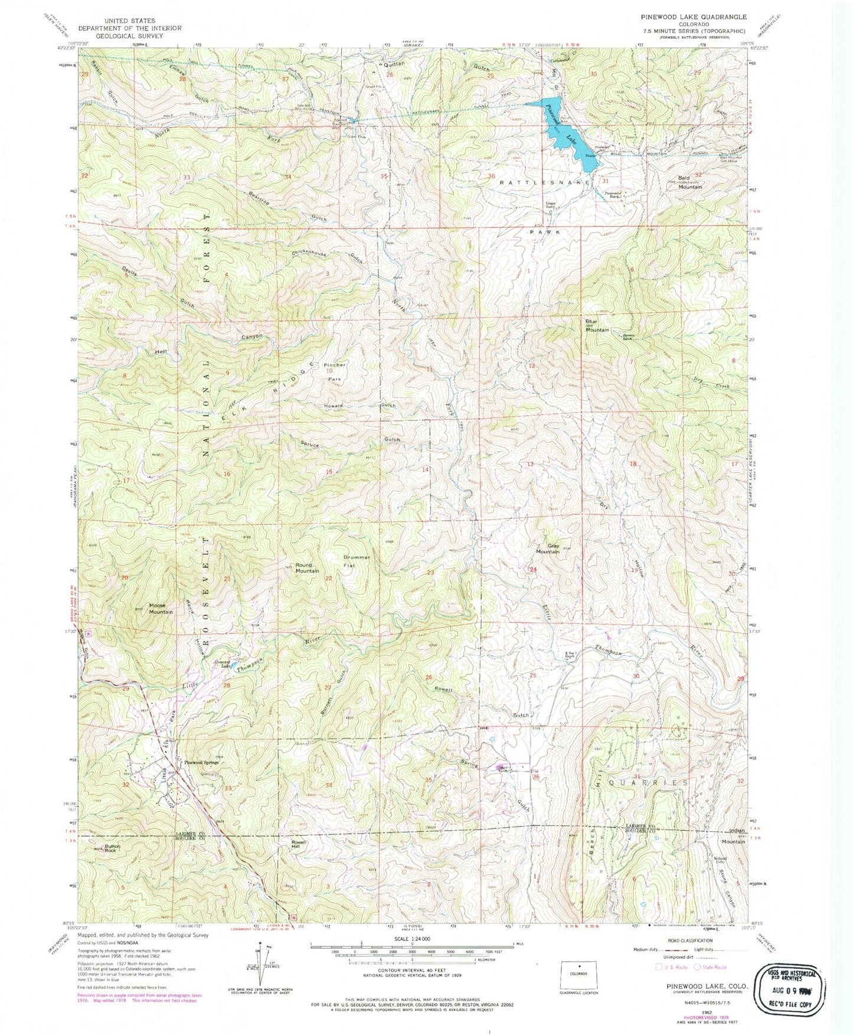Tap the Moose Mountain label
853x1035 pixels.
161,609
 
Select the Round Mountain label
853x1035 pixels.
307,568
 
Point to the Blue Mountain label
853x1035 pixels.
597,327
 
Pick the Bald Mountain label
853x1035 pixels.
689,182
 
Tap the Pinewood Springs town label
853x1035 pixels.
201,762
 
